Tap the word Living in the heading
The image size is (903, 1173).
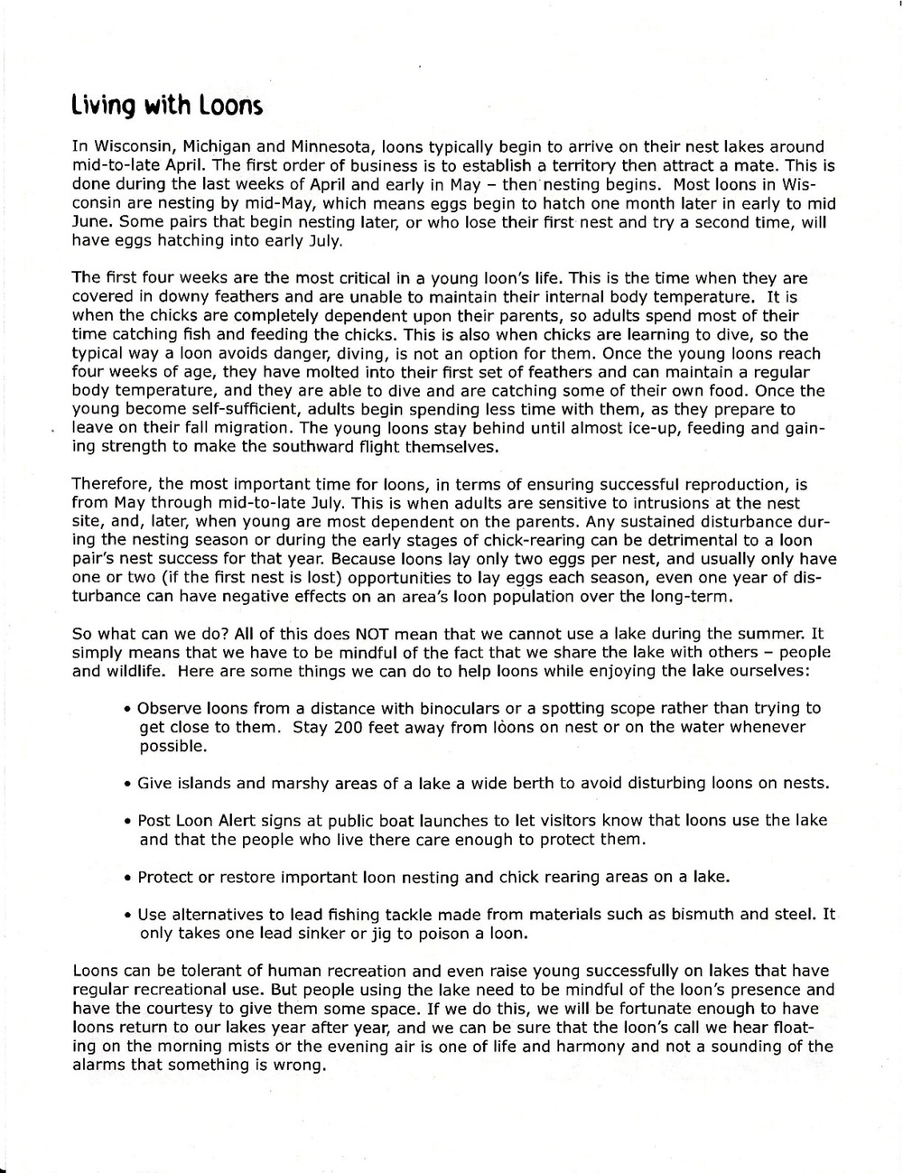(x=103, y=107)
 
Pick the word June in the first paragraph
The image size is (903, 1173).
(x=89, y=222)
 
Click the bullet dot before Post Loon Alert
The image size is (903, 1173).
(x=128, y=822)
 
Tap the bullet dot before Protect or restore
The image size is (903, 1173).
(x=128, y=878)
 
